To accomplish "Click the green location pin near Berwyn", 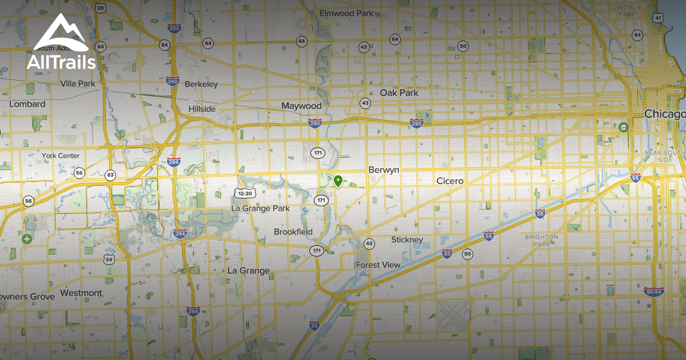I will (x=338, y=182).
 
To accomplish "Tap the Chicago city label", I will (x=664, y=114).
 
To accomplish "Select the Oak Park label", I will (x=399, y=93).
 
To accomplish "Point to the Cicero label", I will (x=450, y=181).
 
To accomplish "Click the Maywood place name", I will (x=301, y=106).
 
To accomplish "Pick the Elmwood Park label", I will (x=346, y=13).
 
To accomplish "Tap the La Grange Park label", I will (x=260, y=209).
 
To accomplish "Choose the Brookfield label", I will (x=293, y=232).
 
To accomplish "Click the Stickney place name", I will (x=407, y=240).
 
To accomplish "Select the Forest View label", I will (x=378, y=265).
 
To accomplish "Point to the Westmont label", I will (x=81, y=293).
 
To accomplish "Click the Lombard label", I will (x=27, y=104).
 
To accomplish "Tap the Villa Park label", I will (x=78, y=84).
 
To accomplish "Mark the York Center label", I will (x=61, y=155).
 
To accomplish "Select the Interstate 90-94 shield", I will (x=654, y=292).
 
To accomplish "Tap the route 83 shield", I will (x=110, y=175).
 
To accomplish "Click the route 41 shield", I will (x=659, y=18).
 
